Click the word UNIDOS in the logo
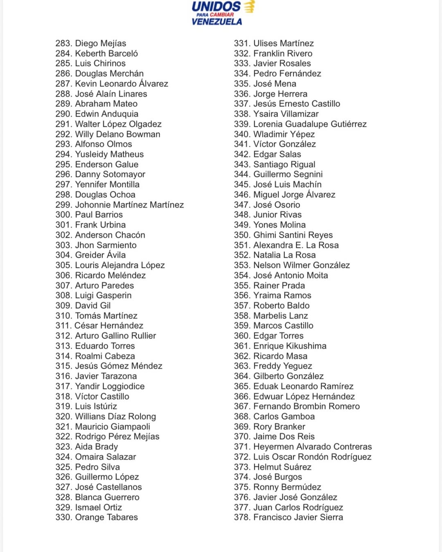point(216,7)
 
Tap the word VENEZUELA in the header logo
point(216,22)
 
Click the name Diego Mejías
point(101,43)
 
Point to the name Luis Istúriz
point(96,406)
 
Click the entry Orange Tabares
point(106,517)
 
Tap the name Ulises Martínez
point(284,43)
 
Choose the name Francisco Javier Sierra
point(298,517)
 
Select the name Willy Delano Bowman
point(117,134)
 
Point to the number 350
point(242,235)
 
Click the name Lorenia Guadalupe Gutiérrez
point(310,124)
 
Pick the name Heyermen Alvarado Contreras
point(313,447)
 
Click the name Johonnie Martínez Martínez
point(129,205)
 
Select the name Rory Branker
point(279,426)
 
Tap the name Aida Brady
point(97,447)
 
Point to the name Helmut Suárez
point(282,467)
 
